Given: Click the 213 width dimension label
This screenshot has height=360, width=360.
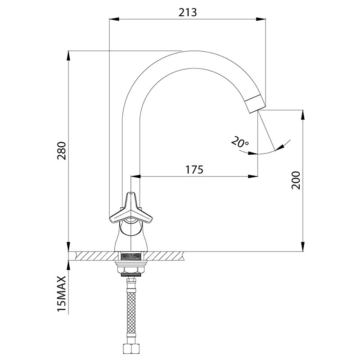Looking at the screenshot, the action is click(188, 13).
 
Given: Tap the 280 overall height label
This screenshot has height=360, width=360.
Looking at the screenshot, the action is click(62, 151).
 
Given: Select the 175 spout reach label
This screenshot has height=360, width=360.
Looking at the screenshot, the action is click(194, 170).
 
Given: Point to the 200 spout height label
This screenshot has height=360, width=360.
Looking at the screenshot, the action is click(296, 180).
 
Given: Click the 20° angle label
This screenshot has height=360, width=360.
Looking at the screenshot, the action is click(240, 142).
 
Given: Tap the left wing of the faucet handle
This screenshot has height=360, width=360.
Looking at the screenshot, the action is click(119, 216).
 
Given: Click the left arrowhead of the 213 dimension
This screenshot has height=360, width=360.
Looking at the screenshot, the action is click(114, 19).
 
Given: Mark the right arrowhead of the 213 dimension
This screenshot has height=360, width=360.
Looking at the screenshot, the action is click(261, 19).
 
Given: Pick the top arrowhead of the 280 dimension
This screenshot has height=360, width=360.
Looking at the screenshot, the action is click(68, 55).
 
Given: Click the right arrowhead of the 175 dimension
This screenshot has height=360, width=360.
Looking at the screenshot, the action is click(253, 176).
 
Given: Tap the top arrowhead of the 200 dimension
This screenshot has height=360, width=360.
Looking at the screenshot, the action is click(303, 115).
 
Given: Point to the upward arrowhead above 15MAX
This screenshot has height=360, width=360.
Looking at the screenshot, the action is click(68, 265).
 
